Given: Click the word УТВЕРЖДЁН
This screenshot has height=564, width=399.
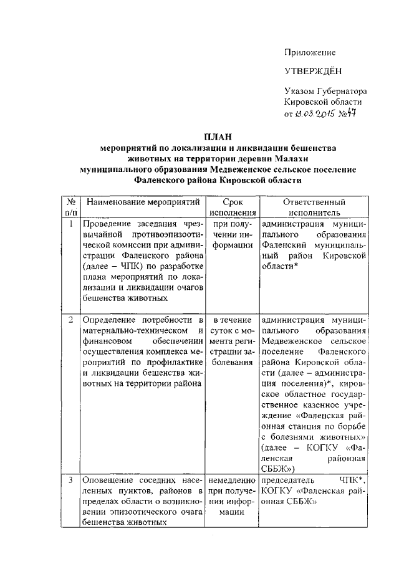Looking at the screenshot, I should pos(313,72).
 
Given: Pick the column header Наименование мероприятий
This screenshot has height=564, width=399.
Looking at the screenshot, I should pos(143,203).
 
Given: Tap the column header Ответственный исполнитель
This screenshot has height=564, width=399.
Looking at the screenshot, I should pos(314,208).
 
